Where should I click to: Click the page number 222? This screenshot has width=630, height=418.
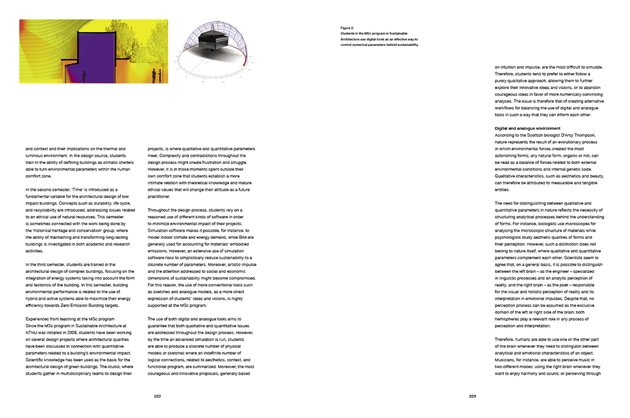(157, 396)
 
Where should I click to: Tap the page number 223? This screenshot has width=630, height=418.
(472, 396)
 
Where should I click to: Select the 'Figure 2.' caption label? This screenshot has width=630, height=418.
(347, 28)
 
